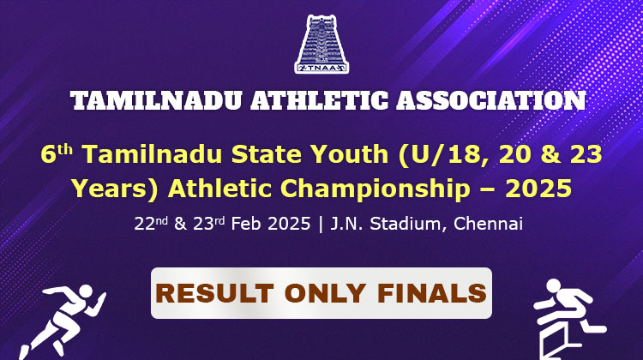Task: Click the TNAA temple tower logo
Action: tap(321, 44)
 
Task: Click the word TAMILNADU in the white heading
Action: tap(156, 100)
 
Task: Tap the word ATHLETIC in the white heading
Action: tap(320, 100)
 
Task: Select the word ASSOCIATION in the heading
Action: tap(491, 100)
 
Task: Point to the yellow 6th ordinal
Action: tap(57, 154)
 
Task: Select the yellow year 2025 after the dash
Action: tap(538, 189)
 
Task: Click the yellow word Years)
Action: tap(115, 189)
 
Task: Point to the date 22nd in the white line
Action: tap(151, 224)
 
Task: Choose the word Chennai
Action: tap(488, 224)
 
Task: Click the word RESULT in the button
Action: tap(214, 293)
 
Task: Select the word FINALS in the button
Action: tap(431, 293)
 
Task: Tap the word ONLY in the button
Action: tap(325, 293)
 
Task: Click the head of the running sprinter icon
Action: tap(86, 291)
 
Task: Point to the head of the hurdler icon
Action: tap(553, 285)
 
